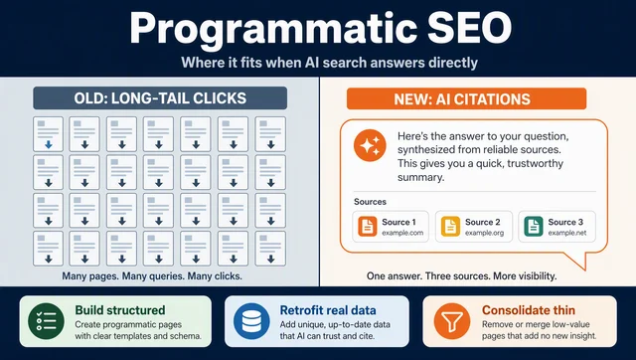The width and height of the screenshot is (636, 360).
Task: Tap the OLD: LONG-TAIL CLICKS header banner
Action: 160,97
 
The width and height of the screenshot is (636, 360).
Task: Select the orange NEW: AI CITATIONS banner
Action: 466,99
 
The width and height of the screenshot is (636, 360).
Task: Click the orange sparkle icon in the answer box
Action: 370,145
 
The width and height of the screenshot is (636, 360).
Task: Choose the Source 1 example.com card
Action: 391,227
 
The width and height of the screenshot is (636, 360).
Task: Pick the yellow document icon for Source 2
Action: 450,227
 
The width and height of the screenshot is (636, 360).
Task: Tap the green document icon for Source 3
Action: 534,227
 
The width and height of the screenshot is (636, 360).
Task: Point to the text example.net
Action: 567,233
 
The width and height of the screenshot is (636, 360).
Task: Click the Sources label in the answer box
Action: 370,202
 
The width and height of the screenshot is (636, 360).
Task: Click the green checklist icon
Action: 47,321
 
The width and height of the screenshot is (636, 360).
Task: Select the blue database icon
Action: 251,321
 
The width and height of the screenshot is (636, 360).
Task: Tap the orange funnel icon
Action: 452,321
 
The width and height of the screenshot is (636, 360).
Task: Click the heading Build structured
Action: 120,310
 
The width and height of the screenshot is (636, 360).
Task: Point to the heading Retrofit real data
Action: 328,310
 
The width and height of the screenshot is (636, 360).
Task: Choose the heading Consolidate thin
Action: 529,310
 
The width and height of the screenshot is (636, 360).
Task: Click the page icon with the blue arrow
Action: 49,134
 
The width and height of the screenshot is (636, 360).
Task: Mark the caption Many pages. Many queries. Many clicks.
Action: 152,276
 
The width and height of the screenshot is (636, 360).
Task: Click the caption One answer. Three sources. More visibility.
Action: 461,276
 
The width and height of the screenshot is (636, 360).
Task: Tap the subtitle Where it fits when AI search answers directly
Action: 329,63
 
